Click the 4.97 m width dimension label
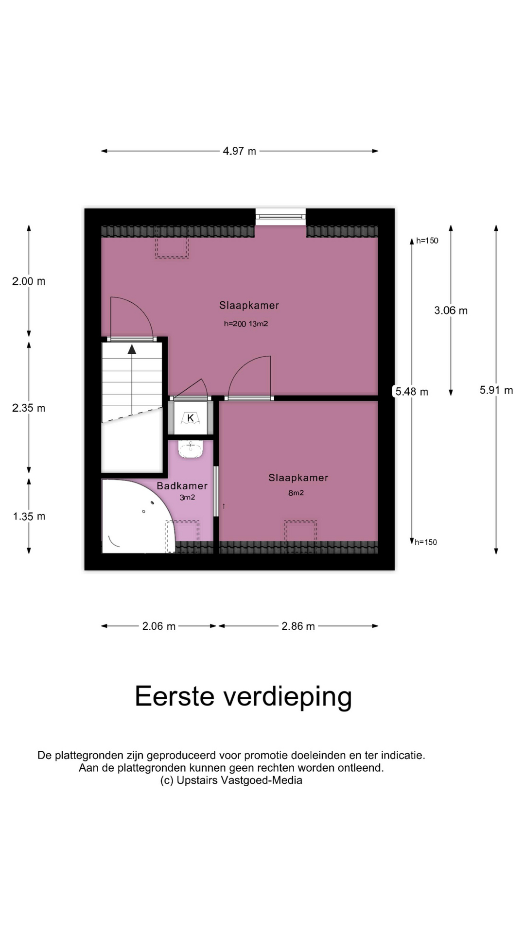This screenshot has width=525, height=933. (239, 151)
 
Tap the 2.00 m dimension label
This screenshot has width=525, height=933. (29, 281)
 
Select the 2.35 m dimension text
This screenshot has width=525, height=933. (29, 408)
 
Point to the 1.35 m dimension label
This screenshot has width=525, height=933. (29, 517)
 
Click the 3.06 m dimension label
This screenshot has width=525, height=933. (451, 311)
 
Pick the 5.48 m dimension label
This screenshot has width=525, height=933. (412, 392)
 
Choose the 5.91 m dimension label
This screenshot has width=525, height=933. (496, 390)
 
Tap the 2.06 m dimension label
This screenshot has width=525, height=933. (159, 626)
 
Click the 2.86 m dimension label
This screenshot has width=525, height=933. (298, 626)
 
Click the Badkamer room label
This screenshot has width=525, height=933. (182, 486)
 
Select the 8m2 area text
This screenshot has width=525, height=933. (296, 493)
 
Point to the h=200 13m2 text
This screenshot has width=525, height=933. (246, 324)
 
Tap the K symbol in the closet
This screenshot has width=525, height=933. (191, 418)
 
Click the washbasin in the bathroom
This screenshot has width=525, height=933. (191, 449)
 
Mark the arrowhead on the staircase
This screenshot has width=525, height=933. (132, 349)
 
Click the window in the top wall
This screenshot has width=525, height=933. (280, 217)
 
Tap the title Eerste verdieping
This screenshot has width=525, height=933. (243, 697)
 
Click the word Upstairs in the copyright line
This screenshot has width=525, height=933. (197, 780)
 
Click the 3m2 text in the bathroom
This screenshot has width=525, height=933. (187, 498)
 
